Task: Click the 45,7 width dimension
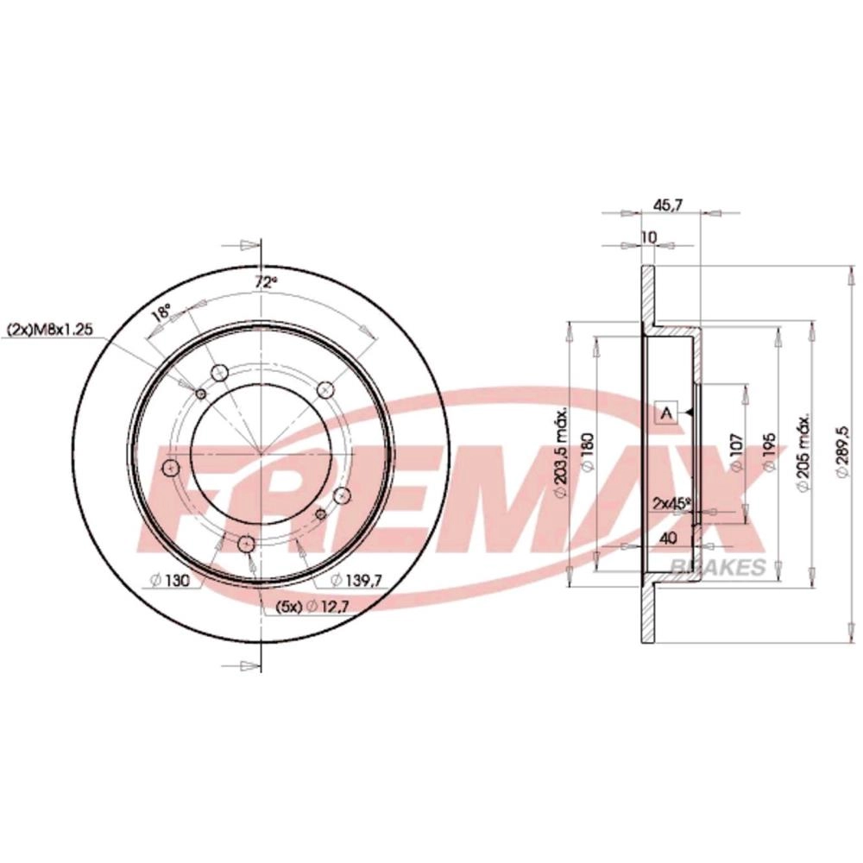tap(668, 205)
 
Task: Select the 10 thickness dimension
tap(649, 237)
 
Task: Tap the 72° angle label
tap(265, 282)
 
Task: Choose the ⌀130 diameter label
tap(170, 580)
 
